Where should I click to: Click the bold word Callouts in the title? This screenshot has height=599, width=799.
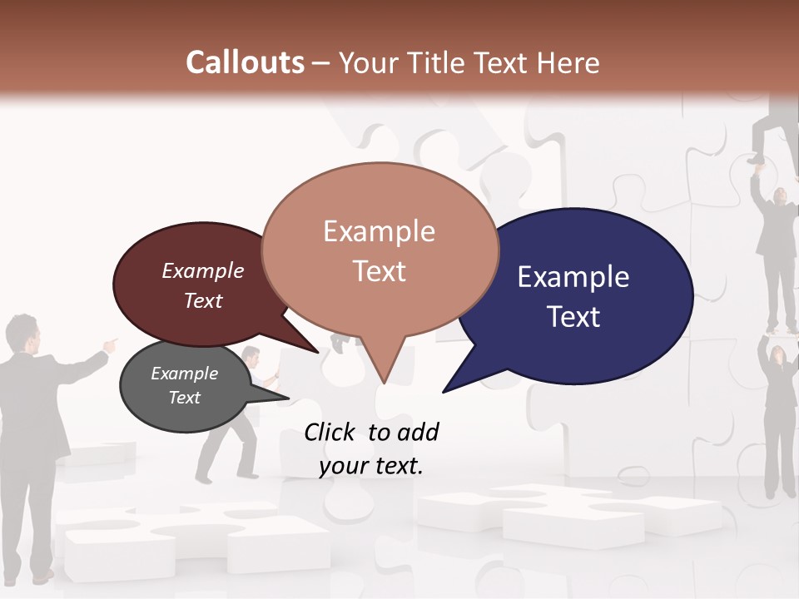[245, 62]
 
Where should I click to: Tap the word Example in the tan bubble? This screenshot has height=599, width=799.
[379, 231]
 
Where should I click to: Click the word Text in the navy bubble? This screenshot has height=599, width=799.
[573, 317]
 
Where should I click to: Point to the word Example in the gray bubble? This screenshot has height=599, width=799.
[184, 374]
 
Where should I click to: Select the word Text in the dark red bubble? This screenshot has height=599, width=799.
[203, 300]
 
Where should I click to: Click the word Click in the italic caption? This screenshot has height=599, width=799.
[331, 432]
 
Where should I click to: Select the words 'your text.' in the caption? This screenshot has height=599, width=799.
[371, 466]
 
